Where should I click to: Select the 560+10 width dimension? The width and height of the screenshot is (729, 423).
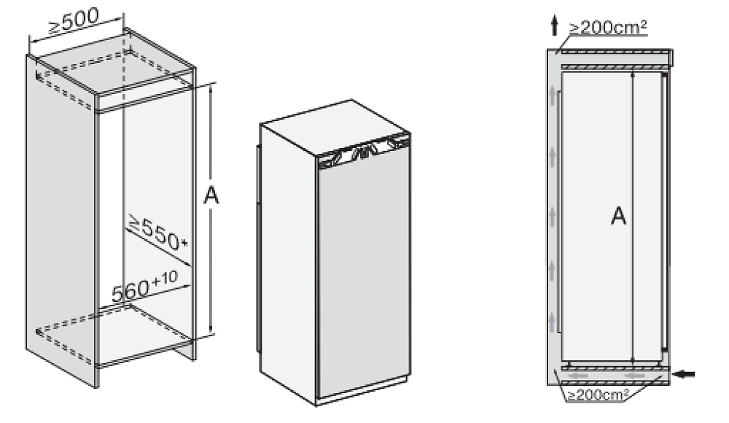pyautogui.click(x=144, y=287)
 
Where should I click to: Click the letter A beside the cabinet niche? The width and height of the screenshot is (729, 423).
pyautogui.click(x=211, y=195)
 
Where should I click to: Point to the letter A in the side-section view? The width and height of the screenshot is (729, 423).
pyautogui.click(x=618, y=217)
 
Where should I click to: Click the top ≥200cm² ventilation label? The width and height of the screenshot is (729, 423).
pyautogui.click(x=608, y=28)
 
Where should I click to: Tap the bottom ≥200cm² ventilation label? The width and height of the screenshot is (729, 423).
pyautogui.click(x=599, y=395)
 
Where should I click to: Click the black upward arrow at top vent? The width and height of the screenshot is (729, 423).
pyautogui.click(x=554, y=25)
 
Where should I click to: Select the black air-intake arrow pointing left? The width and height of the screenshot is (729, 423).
pyautogui.click(x=685, y=373)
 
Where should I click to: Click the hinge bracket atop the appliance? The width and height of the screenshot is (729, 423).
pyautogui.click(x=364, y=150)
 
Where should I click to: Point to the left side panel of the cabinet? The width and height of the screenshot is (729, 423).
pyautogui.click(x=61, y=219)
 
